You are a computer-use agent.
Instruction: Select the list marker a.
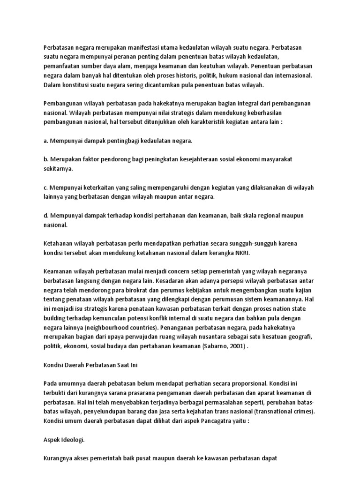point(45,140)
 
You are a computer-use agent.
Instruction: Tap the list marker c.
point(45,187)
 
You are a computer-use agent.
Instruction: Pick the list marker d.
point(45,216)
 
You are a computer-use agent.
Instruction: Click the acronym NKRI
point(241,253)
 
